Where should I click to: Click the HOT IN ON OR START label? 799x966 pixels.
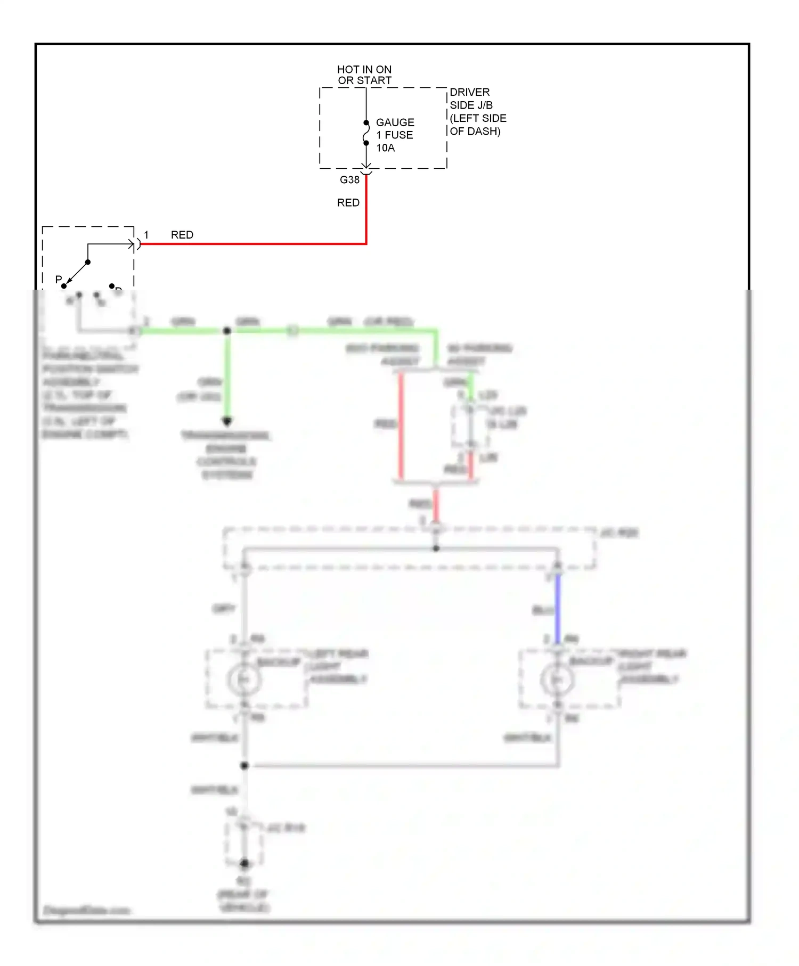click(x=364, y=75)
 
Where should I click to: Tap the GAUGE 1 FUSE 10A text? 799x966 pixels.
click(x=395, y=135)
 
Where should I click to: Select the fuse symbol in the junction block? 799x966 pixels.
click(x=366, y=133)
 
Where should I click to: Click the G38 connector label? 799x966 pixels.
click(x=349, y=180)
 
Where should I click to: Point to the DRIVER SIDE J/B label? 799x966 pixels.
click(x=477, y=112)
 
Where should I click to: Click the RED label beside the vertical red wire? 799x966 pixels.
click(x=348, y=203)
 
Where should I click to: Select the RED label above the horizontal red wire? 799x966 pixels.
click(x=182, y=235)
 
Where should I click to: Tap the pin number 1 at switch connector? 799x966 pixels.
click(x=146, y=235)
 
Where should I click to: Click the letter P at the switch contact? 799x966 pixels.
click(x=59, y=280)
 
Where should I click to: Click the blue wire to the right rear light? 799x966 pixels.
click(x=558, y=610)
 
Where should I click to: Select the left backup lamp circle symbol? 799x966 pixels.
click(x=244, y=680)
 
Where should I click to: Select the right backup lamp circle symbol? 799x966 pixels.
click(x=557, y=680)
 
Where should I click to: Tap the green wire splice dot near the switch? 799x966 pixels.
click(x=227, y=331)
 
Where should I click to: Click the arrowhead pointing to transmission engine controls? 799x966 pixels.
click(x=227, y=422)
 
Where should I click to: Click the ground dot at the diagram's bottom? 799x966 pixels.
click(x=244, y=863)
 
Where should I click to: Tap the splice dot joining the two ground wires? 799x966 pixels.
click(x=244, y=766)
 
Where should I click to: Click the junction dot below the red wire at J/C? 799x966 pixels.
click(x=436, y=548)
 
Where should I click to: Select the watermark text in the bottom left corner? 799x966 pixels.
click(x=87, y=910)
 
